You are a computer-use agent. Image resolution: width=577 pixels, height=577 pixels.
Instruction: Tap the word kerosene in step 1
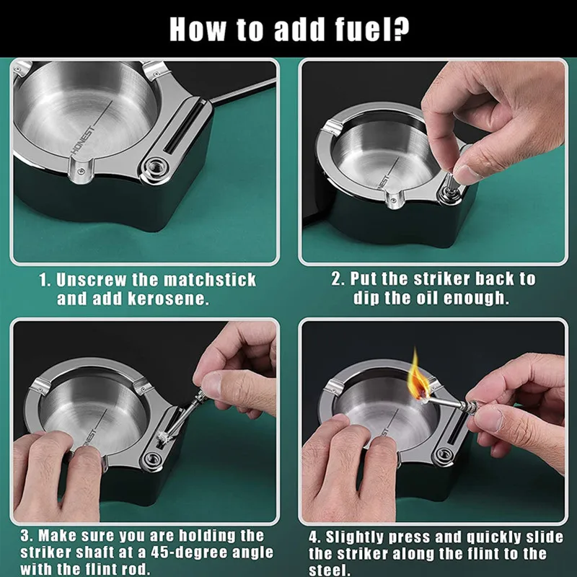pyautogui.click(x=169, y=299)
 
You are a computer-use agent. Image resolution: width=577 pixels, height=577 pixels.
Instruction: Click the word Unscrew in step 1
pyautogui.click(x=91, y=280)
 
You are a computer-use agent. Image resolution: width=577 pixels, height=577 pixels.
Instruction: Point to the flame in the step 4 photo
pyautogui.click(x=418, y=376)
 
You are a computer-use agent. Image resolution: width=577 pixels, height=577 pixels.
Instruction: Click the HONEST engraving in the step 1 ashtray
pyautogui.click(x=82, y=140)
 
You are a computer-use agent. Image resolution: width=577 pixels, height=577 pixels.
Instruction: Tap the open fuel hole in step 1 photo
pyautogui.click(x=154, y=168)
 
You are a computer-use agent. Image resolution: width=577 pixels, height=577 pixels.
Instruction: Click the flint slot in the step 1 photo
pyautogui.click(x=183, y=127)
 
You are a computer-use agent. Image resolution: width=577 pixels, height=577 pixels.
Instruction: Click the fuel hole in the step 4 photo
pyautogui.click(x=444, y=453)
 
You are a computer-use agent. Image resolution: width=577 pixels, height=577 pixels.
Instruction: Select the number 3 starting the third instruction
pyautogui.click(x=25, y=536)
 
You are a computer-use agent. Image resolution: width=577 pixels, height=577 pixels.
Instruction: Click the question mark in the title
pyautogui.click(x=400, y=30)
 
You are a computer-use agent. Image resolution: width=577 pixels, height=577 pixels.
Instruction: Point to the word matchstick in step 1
pyautogui.click(x=210, y=280)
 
